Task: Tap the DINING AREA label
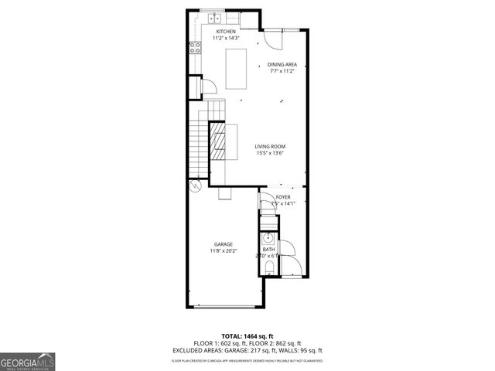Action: (x=282, y=64)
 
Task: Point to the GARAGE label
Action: (x=224, y=244)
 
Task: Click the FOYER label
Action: (x=283, y=197)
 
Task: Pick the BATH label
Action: (x=268, y=249)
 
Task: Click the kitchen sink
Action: (x=213, y=18)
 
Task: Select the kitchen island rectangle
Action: (x=236, y=66)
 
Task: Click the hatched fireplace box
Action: (x=220, y=141)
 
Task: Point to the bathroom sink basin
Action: (x=268, y=237)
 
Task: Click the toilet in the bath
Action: (x=267, y=267)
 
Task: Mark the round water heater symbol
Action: (x=193, y=185)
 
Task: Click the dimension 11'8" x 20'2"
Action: (x=224, y=250)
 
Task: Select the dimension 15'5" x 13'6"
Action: (x=271, y=152)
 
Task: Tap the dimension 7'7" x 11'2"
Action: (x=282, y=71)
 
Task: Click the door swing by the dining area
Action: (x=271, y=38)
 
